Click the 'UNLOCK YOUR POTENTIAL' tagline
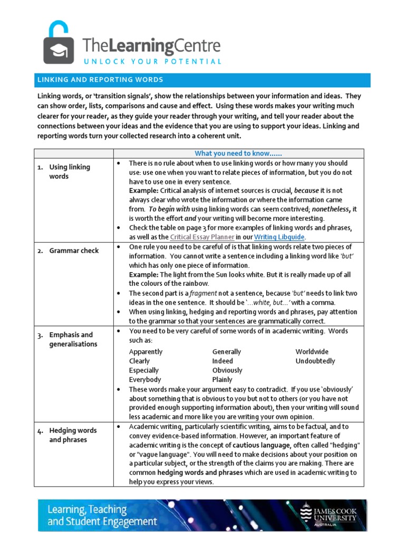click(151, 61)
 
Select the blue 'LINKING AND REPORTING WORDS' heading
click(100, 80)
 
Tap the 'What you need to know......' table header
click(238, 153)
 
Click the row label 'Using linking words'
click(69, 172)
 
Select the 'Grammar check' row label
click(74, 250)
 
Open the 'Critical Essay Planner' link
click(202, 237)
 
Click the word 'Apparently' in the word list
click(146, 352)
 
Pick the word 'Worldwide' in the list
click(312, 352)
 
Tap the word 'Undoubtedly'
click(315, 361)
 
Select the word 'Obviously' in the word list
click(227, 370)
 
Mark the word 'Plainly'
click(222, 380)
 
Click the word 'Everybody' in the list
click(145, 380)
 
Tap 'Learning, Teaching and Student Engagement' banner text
click(102, 516)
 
